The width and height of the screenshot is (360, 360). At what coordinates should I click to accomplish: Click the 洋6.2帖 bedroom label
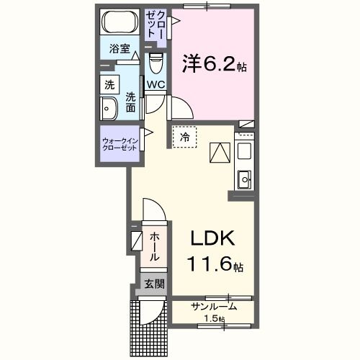click(215, 66)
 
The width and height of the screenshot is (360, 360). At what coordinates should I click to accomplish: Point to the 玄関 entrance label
click(153, 284)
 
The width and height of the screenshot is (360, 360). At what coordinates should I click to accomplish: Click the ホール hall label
click(154, 246)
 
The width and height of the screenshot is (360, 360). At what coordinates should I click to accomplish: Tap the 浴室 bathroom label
click(119, 50)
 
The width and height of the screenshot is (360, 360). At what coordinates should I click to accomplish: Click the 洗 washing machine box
click(109, 84)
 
